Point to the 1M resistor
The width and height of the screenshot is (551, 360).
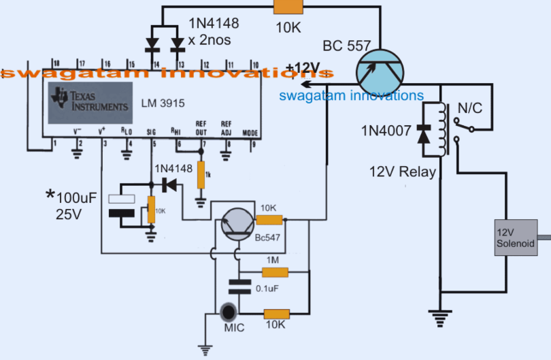[275, 273]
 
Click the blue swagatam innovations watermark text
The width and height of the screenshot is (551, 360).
[351, 96]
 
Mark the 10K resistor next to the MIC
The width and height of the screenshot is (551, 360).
[275, 314]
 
